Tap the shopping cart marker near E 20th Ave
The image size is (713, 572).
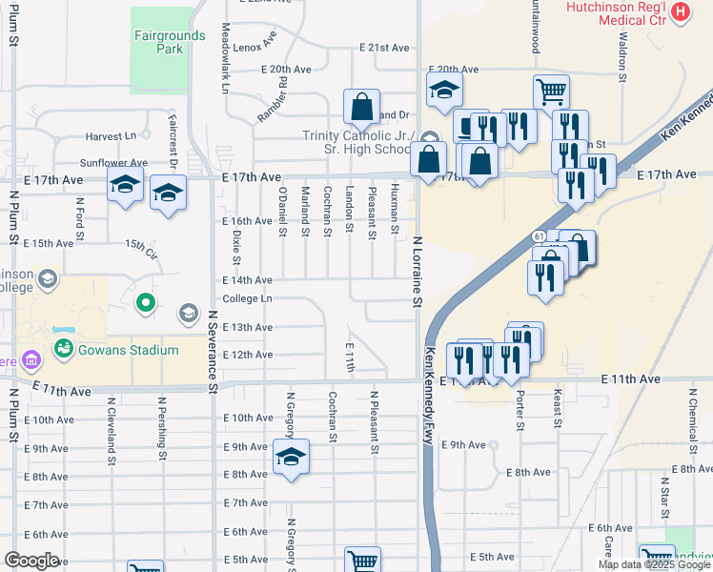pyautogui.click(x=551, y=92)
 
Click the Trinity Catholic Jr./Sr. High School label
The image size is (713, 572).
pyautogui.click(x=356, y=142)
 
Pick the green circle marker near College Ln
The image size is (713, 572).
pyautogui.click(x=145, y=304)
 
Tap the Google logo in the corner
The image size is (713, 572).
pyautogui.click(x=32, y=561)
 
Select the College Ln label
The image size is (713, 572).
pyautogui.click(x=247, y=298)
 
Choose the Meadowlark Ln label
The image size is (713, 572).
pyautogui.click(x=226, y=58)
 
